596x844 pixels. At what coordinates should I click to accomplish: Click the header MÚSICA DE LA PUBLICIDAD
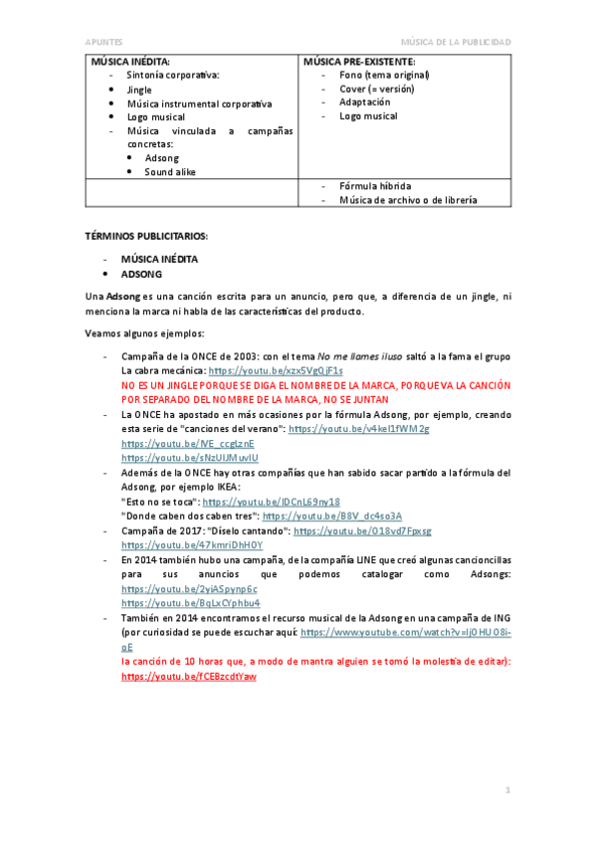point(455,42)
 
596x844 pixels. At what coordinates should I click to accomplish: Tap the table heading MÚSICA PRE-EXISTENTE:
point(358,61)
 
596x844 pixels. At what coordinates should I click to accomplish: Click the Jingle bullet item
point(139,90)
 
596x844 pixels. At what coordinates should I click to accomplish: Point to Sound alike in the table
point(170,171)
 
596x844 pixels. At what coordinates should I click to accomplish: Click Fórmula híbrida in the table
point(374,186)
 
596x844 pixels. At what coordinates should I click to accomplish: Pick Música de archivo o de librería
point(408,200)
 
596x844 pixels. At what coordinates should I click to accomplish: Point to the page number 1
point(507,790)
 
